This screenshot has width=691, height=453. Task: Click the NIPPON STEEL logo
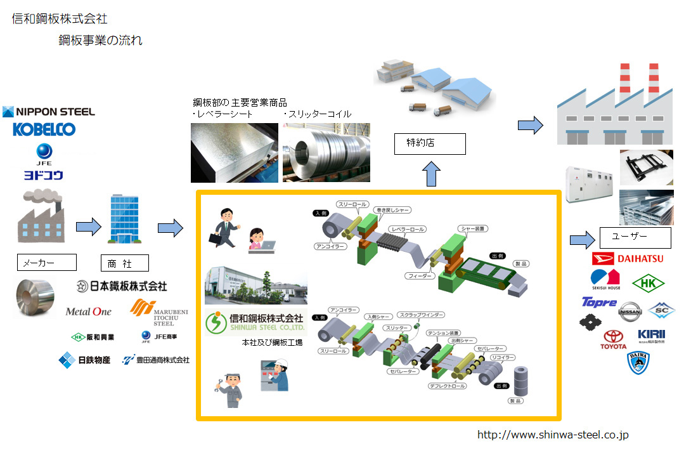point(49,112)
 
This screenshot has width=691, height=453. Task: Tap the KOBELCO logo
point(44,129)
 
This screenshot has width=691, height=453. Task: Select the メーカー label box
point(46,262)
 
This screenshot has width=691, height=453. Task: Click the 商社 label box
point(124,263)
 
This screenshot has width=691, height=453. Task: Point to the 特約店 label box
point(429,144)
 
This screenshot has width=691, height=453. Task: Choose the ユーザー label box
point(635,238)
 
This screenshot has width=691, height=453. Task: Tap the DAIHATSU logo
point(627,259)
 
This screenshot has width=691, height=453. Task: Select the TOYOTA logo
point(613,339)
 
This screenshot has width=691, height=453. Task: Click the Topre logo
point(598,302)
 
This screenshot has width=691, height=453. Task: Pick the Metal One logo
point(88,312)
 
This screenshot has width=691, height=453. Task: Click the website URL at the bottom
point(552,435)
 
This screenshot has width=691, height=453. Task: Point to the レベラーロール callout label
point(408,229)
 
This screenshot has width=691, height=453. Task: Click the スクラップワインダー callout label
point(421,315)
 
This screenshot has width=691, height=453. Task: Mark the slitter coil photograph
point(326,152)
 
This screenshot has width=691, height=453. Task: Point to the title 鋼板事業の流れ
point(100,41)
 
